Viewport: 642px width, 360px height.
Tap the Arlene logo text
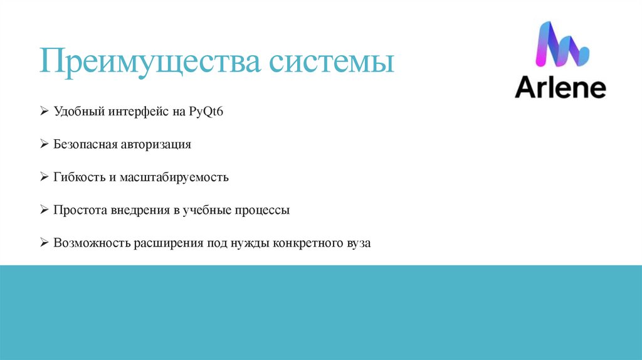click(560, 88)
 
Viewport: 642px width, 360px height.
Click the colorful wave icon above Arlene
click(560, 45)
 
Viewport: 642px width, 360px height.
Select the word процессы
click(262, 210)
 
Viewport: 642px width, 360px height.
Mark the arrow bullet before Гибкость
click(45, 177)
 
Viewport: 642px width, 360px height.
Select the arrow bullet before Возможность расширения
click(45, 243)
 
